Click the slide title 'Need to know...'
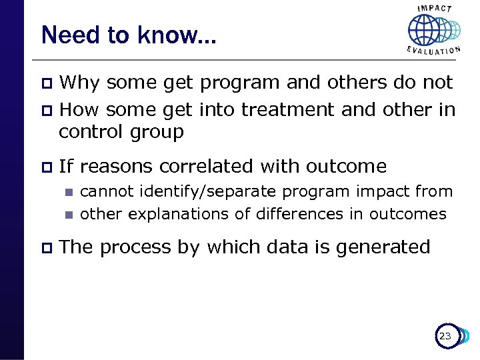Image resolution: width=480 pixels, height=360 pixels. click(128, 35)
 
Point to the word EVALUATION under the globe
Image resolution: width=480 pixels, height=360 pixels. click(434, 51)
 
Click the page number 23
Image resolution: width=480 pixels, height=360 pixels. click(445, 337)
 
